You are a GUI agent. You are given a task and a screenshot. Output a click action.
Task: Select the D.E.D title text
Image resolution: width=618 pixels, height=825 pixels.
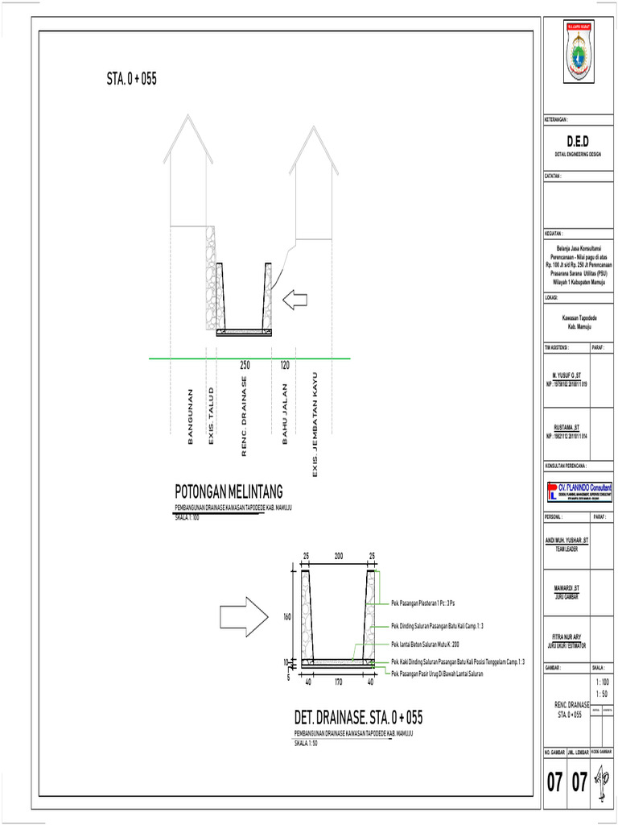click(x=577, y=142)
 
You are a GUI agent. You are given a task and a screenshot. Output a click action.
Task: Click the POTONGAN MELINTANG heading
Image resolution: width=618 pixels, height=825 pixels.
click(x=229, y=491)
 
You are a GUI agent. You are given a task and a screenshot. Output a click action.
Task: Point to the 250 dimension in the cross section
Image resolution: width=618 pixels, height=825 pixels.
click(x=245, y=366)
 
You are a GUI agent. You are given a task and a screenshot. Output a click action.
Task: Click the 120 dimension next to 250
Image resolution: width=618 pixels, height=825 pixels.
click(x=284, y=366)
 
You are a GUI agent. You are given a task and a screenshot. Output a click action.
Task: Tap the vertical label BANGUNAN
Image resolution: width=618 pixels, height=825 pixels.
click(x=191, y=416)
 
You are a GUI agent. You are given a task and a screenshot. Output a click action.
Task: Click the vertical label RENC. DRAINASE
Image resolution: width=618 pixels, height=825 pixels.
click(x=245, y=416)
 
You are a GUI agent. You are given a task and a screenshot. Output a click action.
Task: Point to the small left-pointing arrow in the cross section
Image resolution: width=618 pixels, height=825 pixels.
click(x=295, y=301)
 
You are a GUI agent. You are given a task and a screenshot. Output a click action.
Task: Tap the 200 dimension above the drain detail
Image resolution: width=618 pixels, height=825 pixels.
click(x=339, y=557)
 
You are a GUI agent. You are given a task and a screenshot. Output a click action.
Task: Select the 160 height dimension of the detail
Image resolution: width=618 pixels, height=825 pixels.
click(x=287, y=617)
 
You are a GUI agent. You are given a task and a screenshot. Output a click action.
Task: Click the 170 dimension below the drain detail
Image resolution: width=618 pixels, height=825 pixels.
click(x=339, y=682)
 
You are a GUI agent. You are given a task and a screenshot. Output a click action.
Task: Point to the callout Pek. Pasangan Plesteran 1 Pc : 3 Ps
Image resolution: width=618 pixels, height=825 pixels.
click(x=422, y=603)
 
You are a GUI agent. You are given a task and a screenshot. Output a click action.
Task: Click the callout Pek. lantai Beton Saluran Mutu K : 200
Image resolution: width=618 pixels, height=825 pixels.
click(x=424, y=645)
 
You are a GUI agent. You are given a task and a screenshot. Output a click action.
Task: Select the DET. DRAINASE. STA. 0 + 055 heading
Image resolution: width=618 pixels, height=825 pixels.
click(x=358, y=718)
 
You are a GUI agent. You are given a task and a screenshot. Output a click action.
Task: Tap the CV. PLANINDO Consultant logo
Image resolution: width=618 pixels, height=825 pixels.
click(x=579, y=491)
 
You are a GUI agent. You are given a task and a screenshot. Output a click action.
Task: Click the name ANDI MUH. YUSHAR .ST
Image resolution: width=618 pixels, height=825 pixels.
click(x=566, y=540)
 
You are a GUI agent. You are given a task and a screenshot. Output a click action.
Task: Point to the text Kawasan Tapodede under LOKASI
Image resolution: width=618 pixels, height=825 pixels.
click(x=579, y=319)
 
